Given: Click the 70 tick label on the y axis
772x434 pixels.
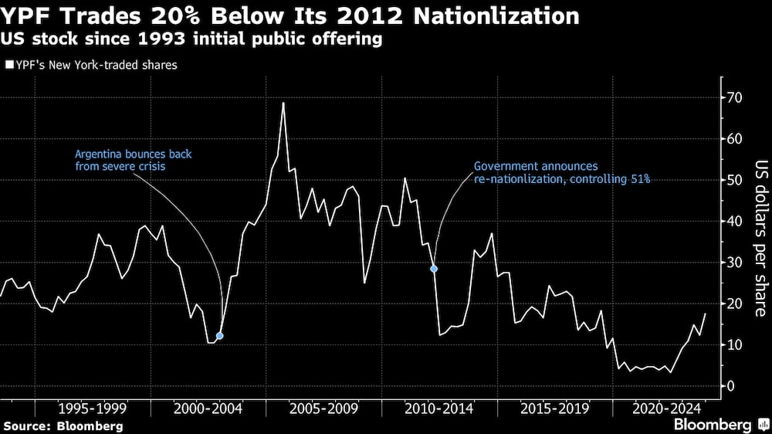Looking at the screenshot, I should coord(733,98).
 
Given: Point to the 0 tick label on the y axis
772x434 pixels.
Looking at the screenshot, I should coord(730,386).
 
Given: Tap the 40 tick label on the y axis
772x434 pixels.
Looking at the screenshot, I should coord(733,222).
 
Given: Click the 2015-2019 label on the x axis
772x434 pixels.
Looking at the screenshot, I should coord(555,408).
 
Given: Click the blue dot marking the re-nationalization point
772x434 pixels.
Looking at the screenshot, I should coord(434,269).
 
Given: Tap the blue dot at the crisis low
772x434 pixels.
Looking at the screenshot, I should coord(220,336).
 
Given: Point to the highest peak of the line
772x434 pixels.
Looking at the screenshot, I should coord(283,103).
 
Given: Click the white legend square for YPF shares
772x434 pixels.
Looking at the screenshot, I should coord(8,66).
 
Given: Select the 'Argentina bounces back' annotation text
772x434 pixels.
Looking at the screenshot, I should coord(133,160).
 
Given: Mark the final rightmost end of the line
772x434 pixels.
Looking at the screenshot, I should coord(705,314).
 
